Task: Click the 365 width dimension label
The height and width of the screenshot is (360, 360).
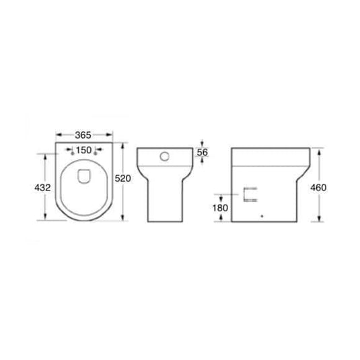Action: [x=83, y=135]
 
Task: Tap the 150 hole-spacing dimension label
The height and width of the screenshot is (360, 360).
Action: [x=84, y=150]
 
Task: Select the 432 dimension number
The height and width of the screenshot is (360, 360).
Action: [x=42, y=188]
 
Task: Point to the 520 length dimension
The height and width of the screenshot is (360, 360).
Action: [x=123, y=178]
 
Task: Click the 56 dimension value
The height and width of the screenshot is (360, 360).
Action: [x=203, y=152]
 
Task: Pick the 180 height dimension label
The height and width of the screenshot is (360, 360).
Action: [x=220, y=208]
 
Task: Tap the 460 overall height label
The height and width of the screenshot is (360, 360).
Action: [x=318, y=188]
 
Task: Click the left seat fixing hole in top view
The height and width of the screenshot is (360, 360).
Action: [x=73, y=153]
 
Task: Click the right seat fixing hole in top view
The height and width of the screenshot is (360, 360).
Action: [x=96, y=153]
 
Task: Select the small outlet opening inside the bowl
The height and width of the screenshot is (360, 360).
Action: [x=84, y=176]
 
